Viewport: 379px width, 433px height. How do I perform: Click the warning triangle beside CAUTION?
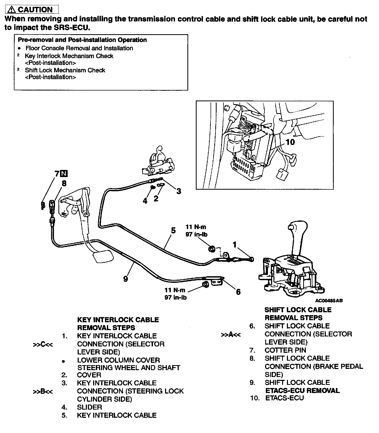click(12, 10)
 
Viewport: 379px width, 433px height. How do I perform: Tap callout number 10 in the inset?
click(290, 142)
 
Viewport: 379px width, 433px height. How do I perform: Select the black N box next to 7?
click(64, 174)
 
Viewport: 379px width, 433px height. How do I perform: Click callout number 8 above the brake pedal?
click(64, 183)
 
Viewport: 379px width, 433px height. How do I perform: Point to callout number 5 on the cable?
click(173, 231)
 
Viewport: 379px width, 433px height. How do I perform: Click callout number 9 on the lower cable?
click(126, 279)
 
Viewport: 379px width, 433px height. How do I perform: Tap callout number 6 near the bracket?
click(238, 292)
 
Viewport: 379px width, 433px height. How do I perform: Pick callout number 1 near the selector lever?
click(235, 245)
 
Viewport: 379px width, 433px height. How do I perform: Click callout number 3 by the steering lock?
click(179, 191)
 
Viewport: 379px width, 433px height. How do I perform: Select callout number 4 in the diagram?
click(145, 201)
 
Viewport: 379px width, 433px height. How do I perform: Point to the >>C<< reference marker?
click(43, 344)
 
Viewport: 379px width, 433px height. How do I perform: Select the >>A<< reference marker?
click(231, 335)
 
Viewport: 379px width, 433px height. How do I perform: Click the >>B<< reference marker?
click(43, 392)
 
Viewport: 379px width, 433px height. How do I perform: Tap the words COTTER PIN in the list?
click(285, 350)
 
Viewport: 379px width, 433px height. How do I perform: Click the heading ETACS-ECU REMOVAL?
click(302, 391)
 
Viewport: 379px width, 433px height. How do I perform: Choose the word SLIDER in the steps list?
click(89, 407)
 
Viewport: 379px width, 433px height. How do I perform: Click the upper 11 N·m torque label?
click(196, 227)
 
